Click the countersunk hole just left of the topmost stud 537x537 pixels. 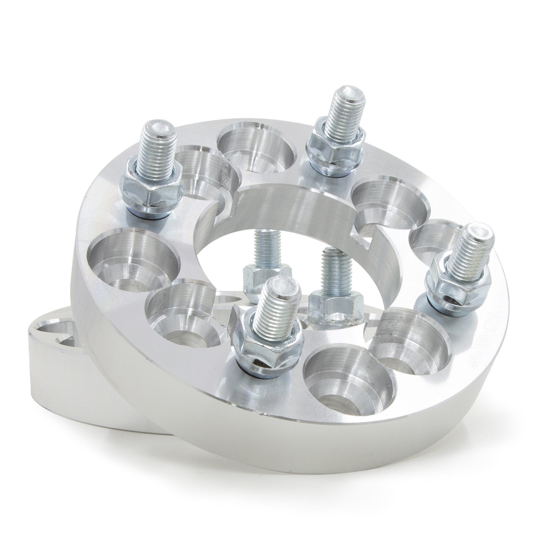(257, 148)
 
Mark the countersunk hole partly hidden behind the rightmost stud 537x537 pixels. (433, 235)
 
